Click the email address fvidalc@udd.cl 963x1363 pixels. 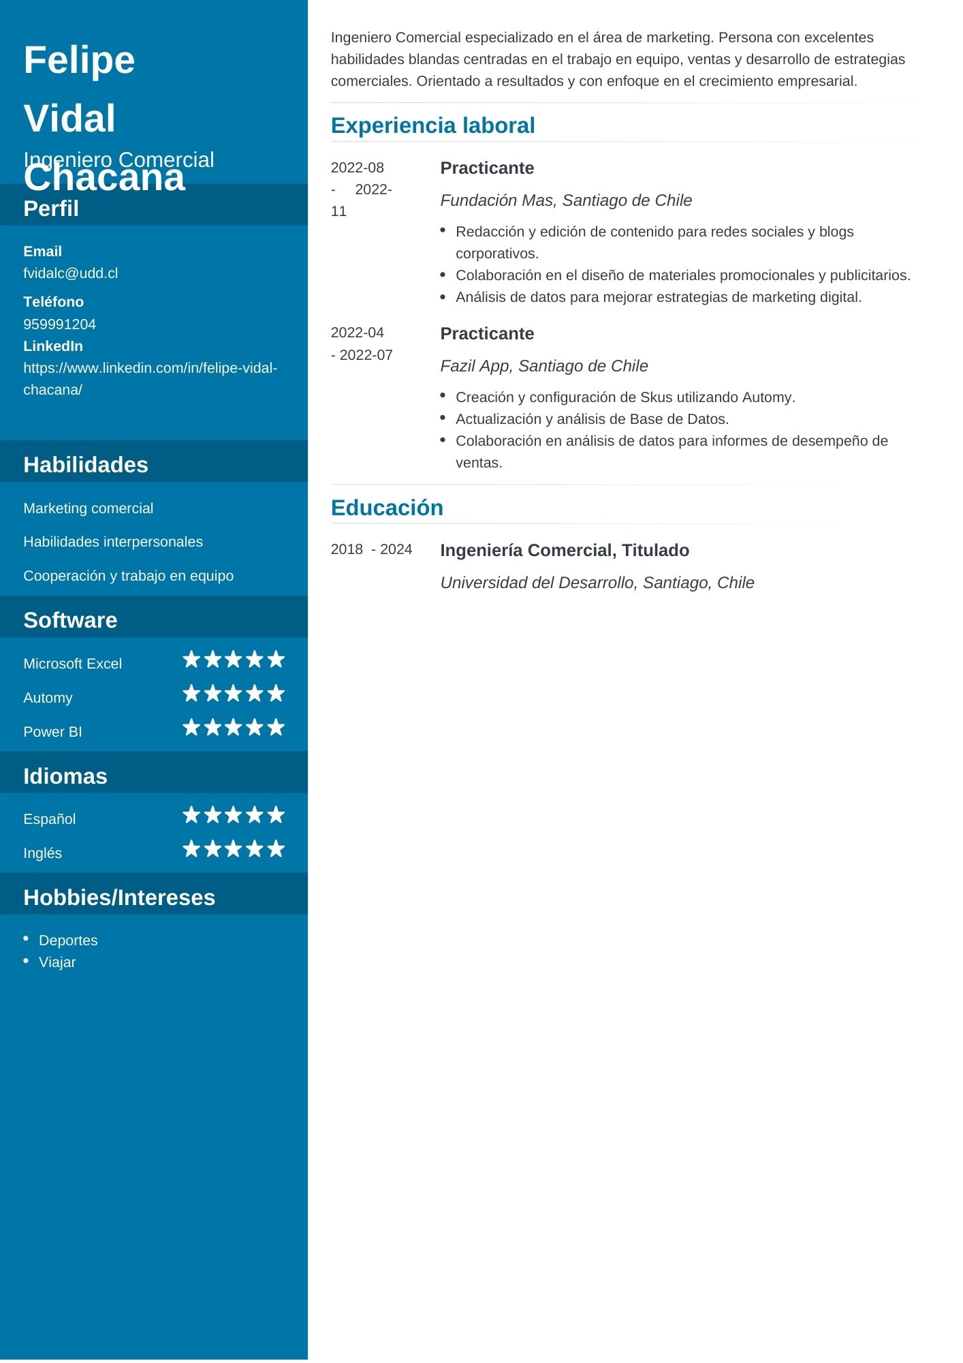(70, 273)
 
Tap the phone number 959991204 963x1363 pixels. (59, 324)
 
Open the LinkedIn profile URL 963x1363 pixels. (150, 369)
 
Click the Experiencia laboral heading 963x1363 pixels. (432, 125)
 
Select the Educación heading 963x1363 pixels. (387, 508)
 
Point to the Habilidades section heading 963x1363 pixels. (86, 465)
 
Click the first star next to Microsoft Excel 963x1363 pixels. (191, 660)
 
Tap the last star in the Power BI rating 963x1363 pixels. (276, 728)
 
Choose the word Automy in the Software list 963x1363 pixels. (48, 698)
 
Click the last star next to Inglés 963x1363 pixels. (276, 849)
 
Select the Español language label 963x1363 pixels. (49, 819)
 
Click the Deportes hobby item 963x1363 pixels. (68, 940)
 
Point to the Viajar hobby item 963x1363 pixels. (57, 962)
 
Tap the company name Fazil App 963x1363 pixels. (475, 366)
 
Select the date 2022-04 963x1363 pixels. (357, 333)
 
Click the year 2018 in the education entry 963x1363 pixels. (347, 549)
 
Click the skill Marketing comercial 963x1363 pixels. (88, 508)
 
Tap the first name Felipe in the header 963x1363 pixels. (79, 60)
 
